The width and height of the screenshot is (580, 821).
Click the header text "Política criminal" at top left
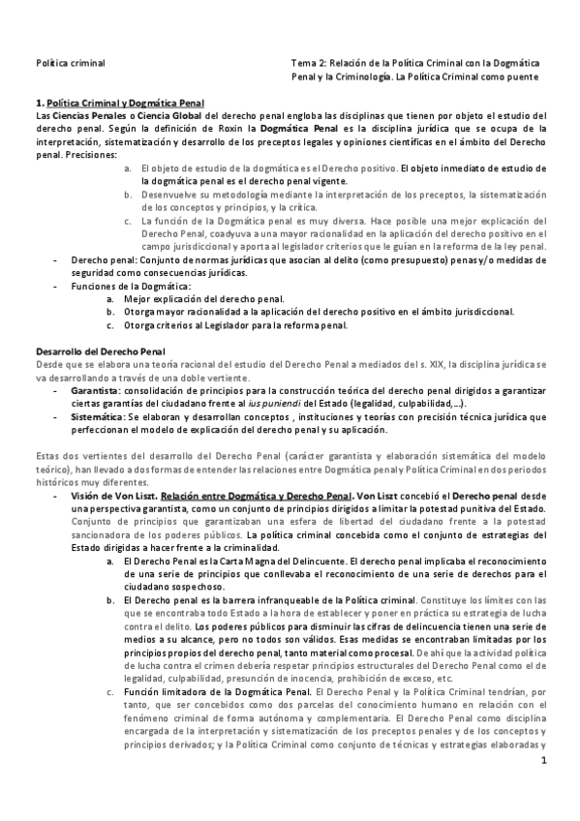[x=66, y=61]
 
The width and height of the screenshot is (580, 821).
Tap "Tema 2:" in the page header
[x=310, y=61]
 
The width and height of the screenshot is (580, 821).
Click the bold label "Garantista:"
[x=95, y=387]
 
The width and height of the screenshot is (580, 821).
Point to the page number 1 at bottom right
[x=545, y=762]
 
